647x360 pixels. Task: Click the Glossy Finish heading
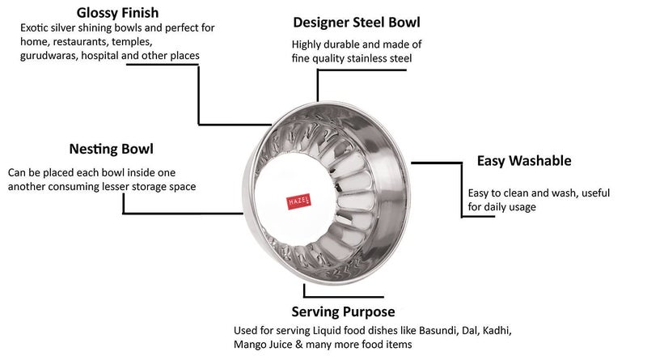coord(117,13)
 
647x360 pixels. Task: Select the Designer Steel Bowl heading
coord(357,22)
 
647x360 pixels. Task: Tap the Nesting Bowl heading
coord(111,150)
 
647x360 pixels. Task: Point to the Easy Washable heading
coord(524,161)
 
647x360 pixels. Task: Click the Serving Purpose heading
coord(343,311)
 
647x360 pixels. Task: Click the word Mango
coord(251,345)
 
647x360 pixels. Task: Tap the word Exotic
coord(36,28)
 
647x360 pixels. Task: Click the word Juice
coord(288,345)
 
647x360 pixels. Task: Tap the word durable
coord(344,45)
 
